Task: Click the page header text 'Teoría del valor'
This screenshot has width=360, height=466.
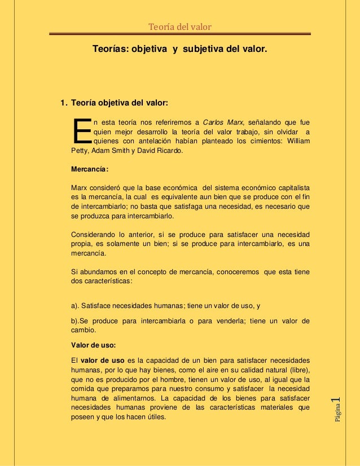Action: click(179, 26)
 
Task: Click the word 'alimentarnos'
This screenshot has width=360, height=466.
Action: click(128, 399)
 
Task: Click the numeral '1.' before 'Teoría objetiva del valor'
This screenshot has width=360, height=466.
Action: click(64, 103)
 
